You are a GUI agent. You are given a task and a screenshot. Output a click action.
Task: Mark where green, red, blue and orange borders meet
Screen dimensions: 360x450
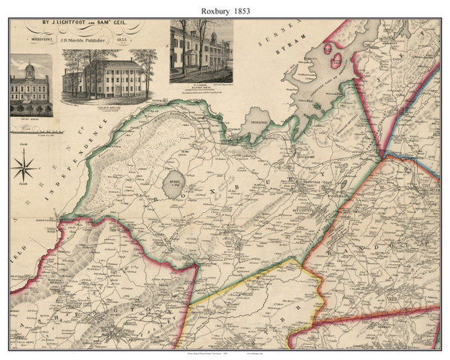pyautogui.click(x=383, y=154)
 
